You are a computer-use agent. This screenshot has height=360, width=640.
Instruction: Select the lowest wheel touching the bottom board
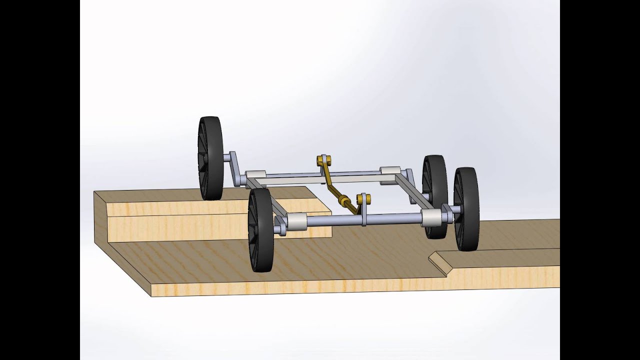(x=260, y=230)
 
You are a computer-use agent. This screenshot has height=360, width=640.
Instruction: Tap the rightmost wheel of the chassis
(x=466, y=209)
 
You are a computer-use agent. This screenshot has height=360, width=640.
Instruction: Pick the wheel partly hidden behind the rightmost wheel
(x=434, y=180)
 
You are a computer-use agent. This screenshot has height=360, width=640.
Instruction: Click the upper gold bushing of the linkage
(x=324, y=160)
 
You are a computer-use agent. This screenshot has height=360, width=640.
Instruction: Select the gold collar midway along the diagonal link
(x=343, y=201)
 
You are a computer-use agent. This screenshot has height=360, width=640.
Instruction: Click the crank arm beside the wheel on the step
(x=234, y=168)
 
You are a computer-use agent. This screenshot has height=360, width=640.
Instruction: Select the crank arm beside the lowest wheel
(x=279, y=225)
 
